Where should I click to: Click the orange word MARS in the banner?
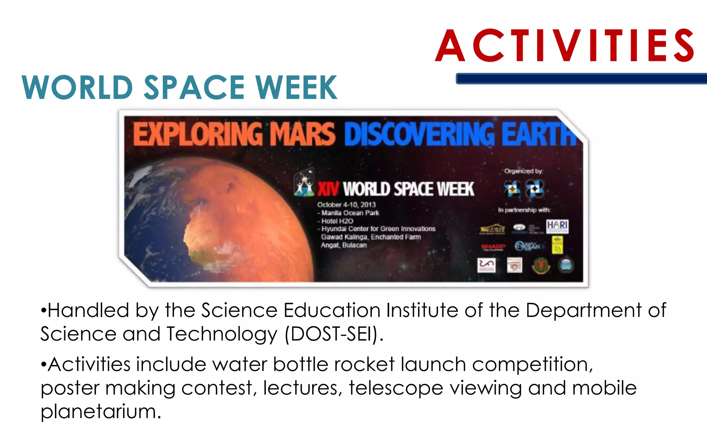(x=302, y=134)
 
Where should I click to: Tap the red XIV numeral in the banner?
(x=328, y=189)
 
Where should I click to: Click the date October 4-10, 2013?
(x=346, y=205)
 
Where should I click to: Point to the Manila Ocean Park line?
(x=350, y=213)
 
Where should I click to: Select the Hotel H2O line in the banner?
(x=337, y=221)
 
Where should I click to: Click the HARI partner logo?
(x=557, y=227)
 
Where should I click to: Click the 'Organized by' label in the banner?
(x=523, y=171)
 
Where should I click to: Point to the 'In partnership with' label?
(x=524, y=210)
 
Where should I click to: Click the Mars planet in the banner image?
(x=242, y=214)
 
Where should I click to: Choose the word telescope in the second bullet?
(x=396, y=388)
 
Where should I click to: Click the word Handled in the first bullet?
(x=88, y=310)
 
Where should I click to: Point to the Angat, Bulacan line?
(x=343, y=245)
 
